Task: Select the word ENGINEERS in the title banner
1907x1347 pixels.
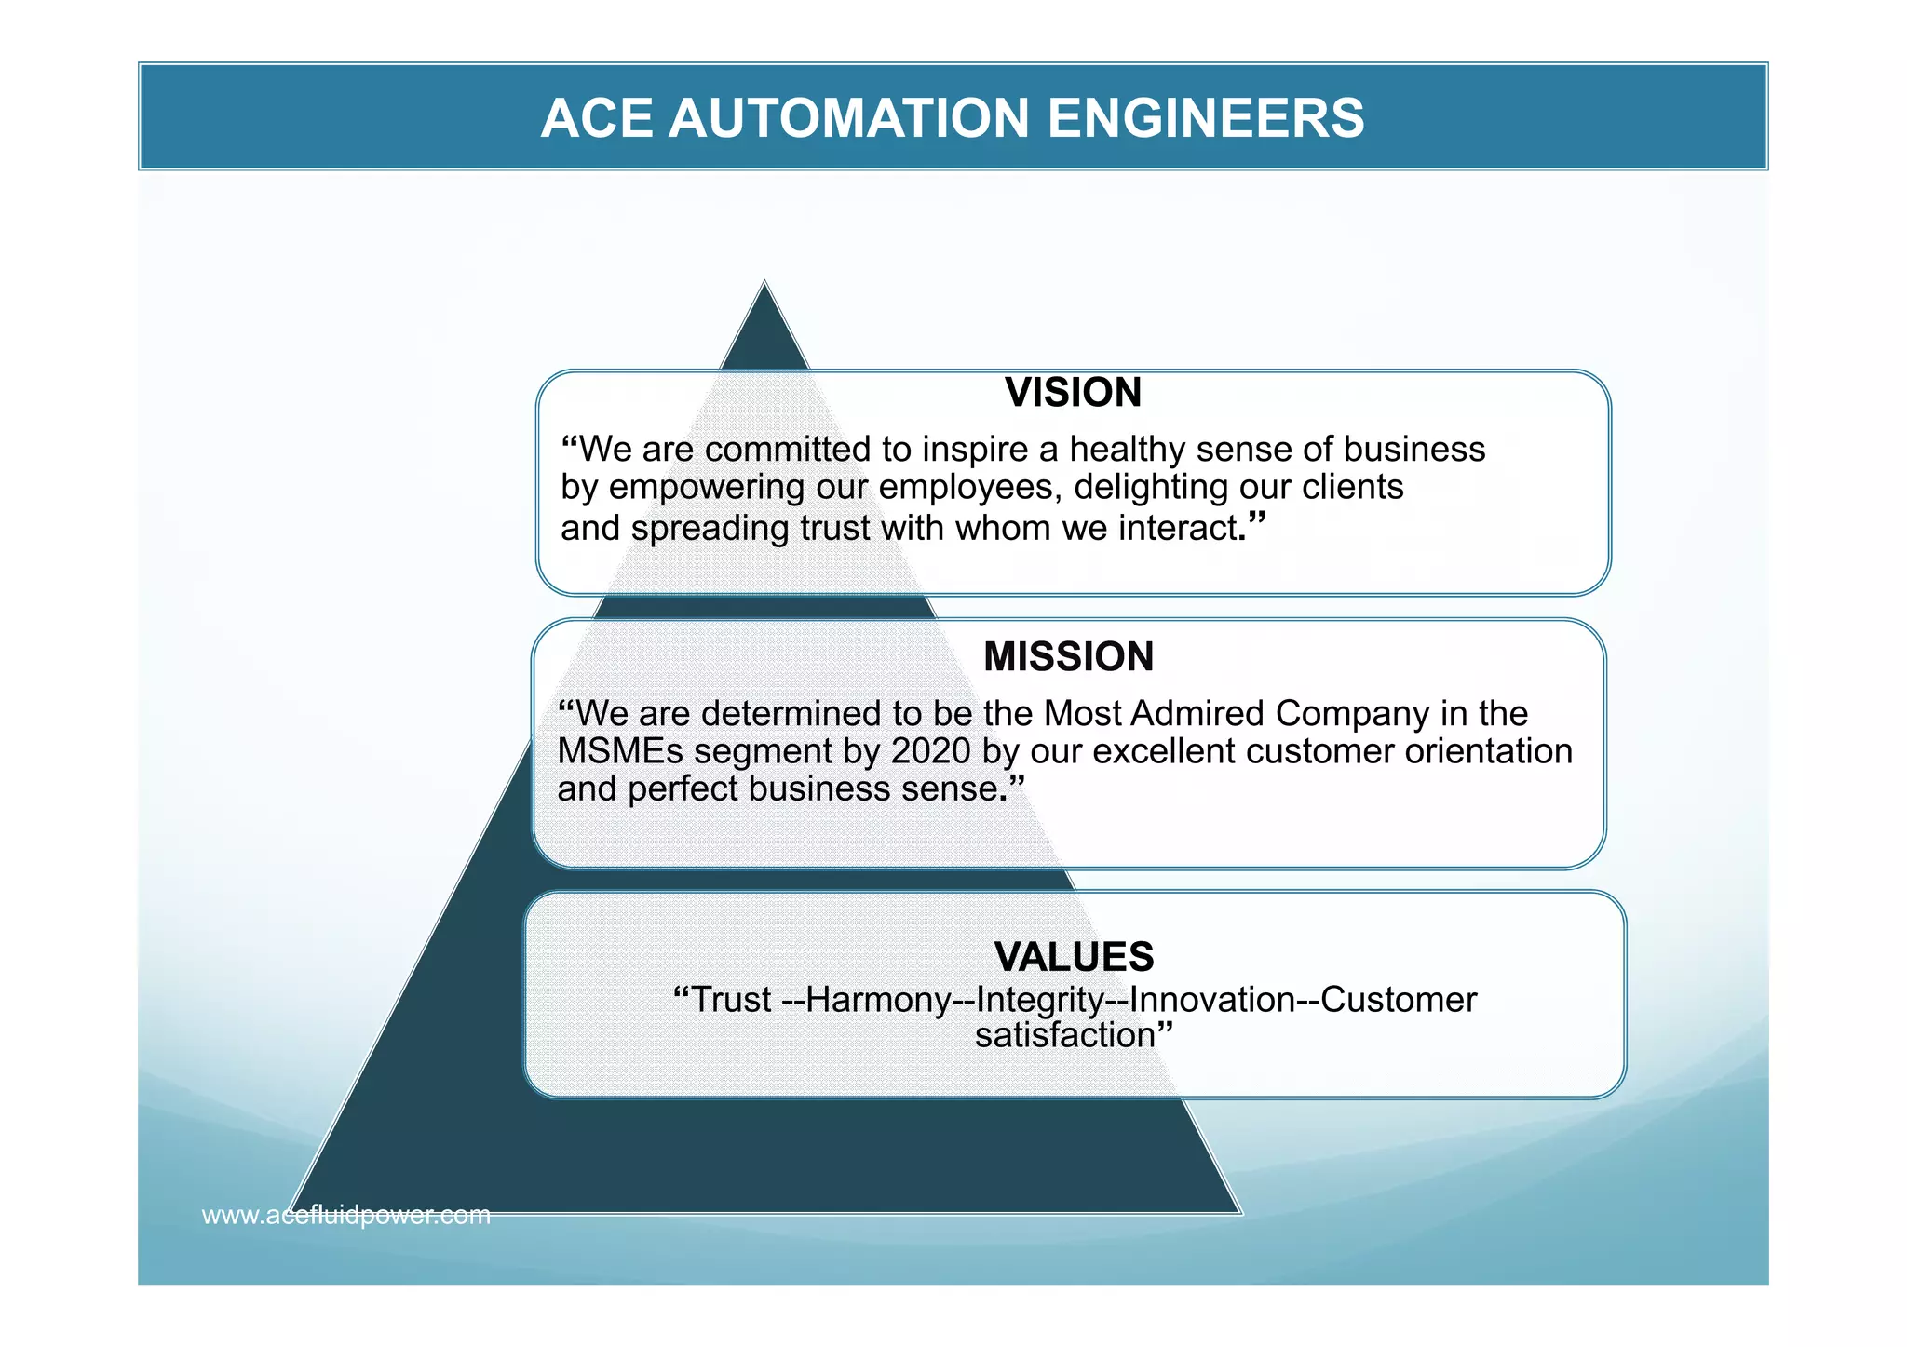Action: (1205, 118)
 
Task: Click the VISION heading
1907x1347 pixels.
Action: (1073, 392)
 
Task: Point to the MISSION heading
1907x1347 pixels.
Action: (1068, 656)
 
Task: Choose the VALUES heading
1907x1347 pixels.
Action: (1074, 956)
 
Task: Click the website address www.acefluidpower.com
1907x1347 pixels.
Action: (345, 1215)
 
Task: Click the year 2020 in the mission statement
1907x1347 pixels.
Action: (930, 751)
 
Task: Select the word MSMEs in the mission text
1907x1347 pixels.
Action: (619, 751)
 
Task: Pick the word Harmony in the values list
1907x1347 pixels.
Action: (877, 1000)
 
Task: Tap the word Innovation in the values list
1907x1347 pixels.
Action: (1211, 1000)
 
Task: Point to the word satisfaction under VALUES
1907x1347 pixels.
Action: (1064, 1035)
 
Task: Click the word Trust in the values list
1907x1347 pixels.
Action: (732, 1000)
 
